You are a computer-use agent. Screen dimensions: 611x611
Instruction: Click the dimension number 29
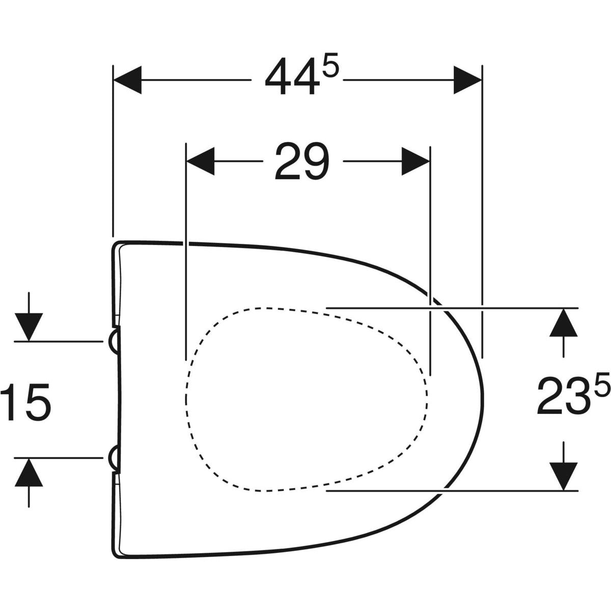pos(302,161)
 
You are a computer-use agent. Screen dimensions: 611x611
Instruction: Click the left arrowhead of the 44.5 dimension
pos(127,80)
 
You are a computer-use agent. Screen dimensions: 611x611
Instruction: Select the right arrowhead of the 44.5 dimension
pos(467,80)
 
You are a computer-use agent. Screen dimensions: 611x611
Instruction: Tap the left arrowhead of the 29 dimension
pos(200,161)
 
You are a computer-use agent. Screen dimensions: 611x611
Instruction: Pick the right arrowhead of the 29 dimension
pos(415,161)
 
